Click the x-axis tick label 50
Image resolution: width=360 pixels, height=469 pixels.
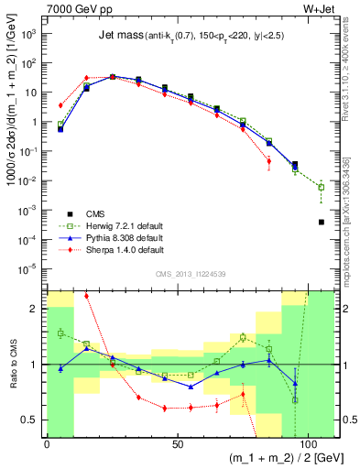177,444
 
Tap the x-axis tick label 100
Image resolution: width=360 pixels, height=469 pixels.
306,444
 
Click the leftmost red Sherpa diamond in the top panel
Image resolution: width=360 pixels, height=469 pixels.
60,105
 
